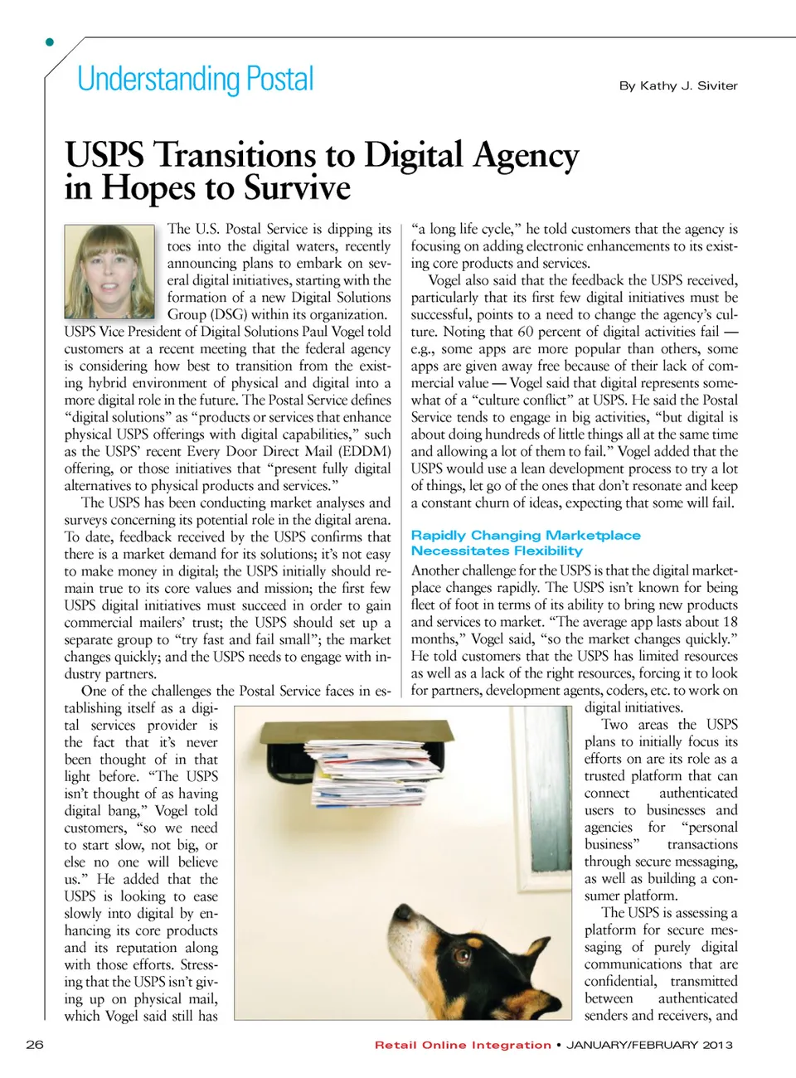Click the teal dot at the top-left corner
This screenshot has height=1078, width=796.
(50, 41)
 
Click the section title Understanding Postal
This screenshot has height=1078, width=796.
(196, 80)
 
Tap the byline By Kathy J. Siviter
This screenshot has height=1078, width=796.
(677, 85)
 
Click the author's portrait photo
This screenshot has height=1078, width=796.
(109, 271)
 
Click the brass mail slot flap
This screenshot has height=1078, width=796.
(357, 731)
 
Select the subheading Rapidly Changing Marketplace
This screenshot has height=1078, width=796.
(526, 536)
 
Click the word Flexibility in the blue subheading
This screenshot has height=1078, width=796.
(538, 551)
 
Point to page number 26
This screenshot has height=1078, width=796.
(35, 1044)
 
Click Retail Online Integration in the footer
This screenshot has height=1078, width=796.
(463, 1045)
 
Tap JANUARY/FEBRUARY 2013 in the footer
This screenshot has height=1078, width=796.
(649, 1045)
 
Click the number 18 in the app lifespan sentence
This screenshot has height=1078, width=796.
(730, 622)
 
